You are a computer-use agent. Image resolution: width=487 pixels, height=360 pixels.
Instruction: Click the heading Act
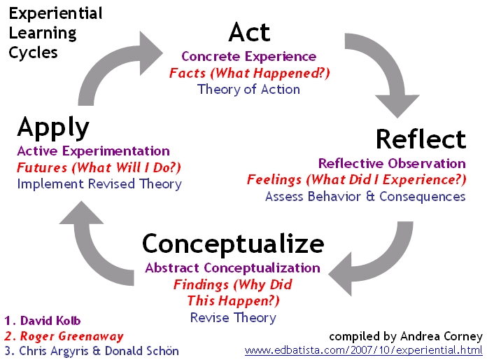pos(249,32)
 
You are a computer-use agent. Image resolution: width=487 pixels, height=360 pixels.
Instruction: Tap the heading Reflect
pos(421,139)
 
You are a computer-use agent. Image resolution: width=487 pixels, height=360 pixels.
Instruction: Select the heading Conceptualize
pos(233,244)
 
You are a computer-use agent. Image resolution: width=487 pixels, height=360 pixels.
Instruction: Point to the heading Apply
pos(53,127)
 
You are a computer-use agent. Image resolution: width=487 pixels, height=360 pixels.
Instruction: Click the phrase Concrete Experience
pos(249,56)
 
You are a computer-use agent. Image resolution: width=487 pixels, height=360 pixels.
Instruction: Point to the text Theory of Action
pos(248,90)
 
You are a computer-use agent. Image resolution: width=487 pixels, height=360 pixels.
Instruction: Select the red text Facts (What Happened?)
pos(249,73)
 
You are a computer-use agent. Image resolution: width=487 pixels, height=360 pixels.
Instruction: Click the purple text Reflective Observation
pos(392,163)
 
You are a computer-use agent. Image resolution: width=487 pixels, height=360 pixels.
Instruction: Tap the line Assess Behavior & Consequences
pos(365,197)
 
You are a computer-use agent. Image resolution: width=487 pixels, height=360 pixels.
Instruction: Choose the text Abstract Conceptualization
pos(232,268)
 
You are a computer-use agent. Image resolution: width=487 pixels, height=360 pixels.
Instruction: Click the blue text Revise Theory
pos(233,318)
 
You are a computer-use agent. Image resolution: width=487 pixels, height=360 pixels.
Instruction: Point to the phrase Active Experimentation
pos(94,151)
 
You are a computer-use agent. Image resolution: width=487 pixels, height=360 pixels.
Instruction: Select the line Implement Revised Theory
pos(99,184)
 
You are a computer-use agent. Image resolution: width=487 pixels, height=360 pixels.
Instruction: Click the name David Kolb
pos(50,321)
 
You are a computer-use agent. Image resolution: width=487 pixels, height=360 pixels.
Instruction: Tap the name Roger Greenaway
pos(72,336)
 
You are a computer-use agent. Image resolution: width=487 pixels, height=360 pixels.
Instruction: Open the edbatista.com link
pos(363,351)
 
